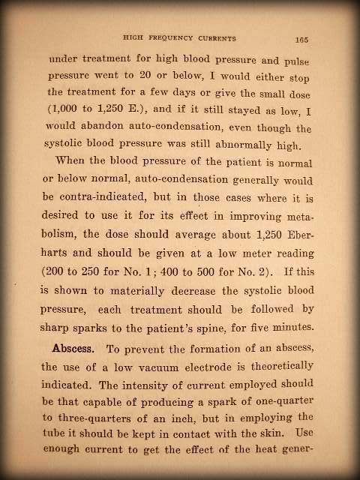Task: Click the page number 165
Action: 302,40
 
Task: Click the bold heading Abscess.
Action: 78,349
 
